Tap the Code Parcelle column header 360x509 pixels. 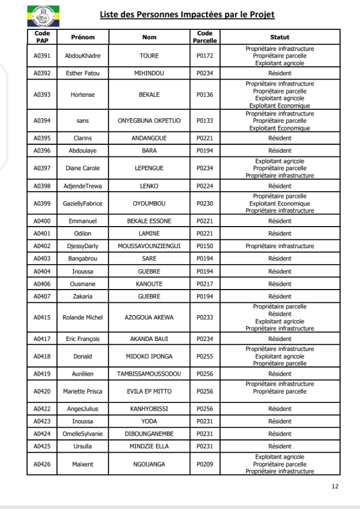206,37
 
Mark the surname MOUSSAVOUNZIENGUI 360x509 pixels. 150,245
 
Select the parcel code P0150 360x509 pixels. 206,245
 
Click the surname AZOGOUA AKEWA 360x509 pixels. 150,318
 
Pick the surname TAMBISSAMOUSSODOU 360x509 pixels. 150,374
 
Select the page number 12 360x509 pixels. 334,486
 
